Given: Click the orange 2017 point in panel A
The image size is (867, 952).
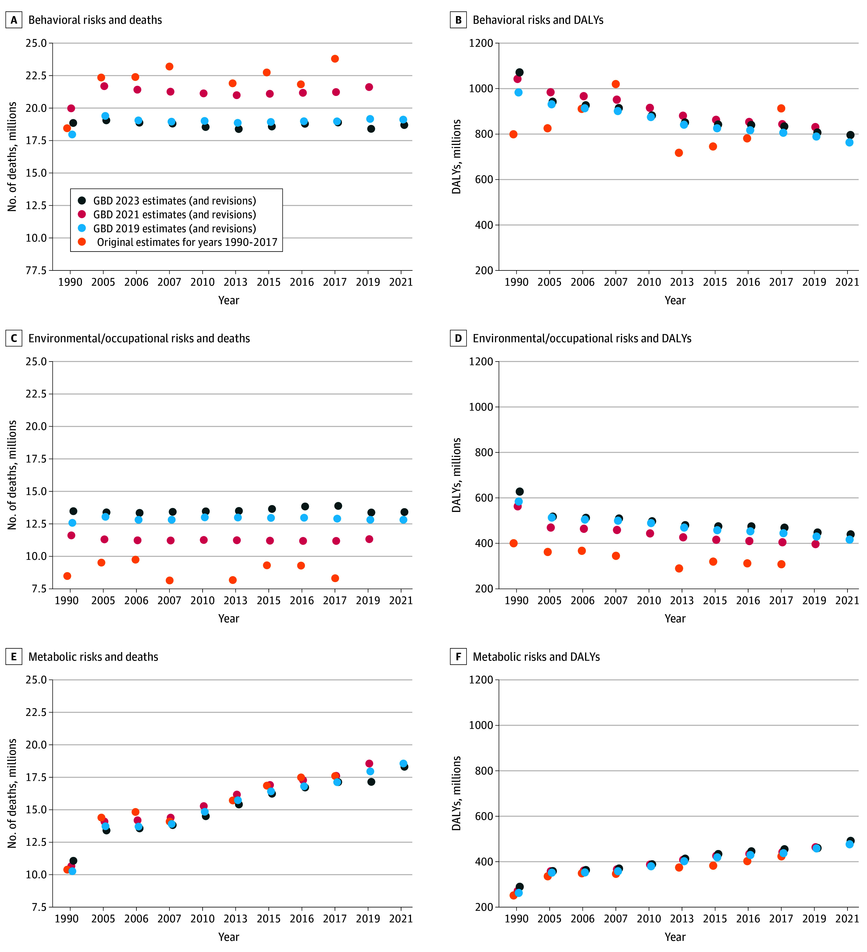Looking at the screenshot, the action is click(x=335, y=59).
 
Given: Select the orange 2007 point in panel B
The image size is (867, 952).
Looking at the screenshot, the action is click(x=616, y=84).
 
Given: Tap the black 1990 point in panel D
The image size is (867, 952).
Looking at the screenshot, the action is click(x=520, y=491).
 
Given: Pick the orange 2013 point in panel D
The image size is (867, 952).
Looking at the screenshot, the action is click(x=679, y=569).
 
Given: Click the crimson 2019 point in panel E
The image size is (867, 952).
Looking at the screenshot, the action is click(x=370, y=764).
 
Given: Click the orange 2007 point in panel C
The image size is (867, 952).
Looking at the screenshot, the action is click(x=170, y=580).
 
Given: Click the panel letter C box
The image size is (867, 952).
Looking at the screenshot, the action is click(x=14, y=338).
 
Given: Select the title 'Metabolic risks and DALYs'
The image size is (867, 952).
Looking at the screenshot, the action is click(x=536, y=657).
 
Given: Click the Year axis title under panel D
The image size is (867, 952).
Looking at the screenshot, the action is click(x=675, y=619).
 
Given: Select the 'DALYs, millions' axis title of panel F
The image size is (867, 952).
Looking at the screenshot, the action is click(x=456, y=793).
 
